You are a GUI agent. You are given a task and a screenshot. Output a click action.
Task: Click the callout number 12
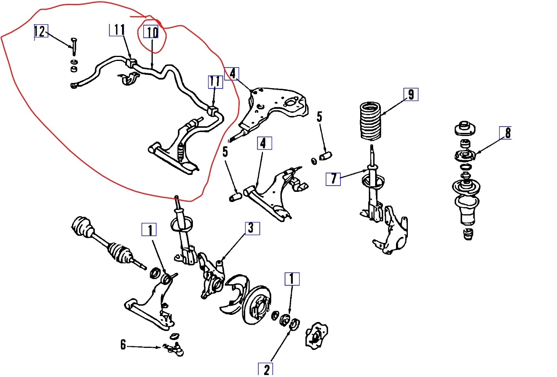[x=41, y=31]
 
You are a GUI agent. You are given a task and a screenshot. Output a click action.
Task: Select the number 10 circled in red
[x=151, y=32]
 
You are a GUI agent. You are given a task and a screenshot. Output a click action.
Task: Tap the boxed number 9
[x=411, y=94]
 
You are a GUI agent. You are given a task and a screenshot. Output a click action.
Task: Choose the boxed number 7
[x=333, y=179]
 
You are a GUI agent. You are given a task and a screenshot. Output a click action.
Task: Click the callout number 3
[x=252, y=228]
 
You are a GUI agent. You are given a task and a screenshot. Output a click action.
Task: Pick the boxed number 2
[x=265, y=369]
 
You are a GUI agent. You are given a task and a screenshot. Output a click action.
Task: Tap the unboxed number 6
[x=123, y=345]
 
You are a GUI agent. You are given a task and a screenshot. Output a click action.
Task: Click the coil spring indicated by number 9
[x=370, y=121]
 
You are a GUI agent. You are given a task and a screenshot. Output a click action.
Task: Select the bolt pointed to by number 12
[x=74, y=46]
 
